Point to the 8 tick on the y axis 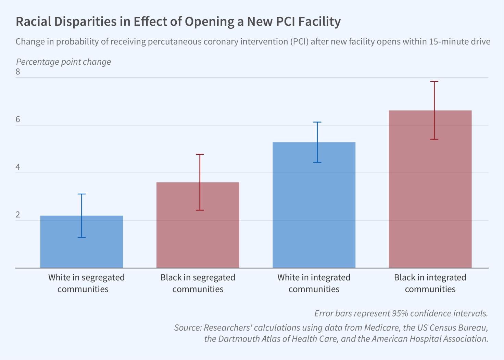click(18, 72)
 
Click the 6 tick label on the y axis click(18, 119)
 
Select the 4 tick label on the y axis click(18, 167)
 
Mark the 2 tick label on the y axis click(18, 215)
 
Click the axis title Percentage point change click(64, 62)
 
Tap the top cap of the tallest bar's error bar click(434, 81)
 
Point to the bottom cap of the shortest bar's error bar click(81, 237)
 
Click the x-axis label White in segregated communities click(86, 283)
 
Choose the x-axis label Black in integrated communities click(430, 283)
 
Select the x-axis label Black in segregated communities click(198, 283)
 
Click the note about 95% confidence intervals click(401, 313)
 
